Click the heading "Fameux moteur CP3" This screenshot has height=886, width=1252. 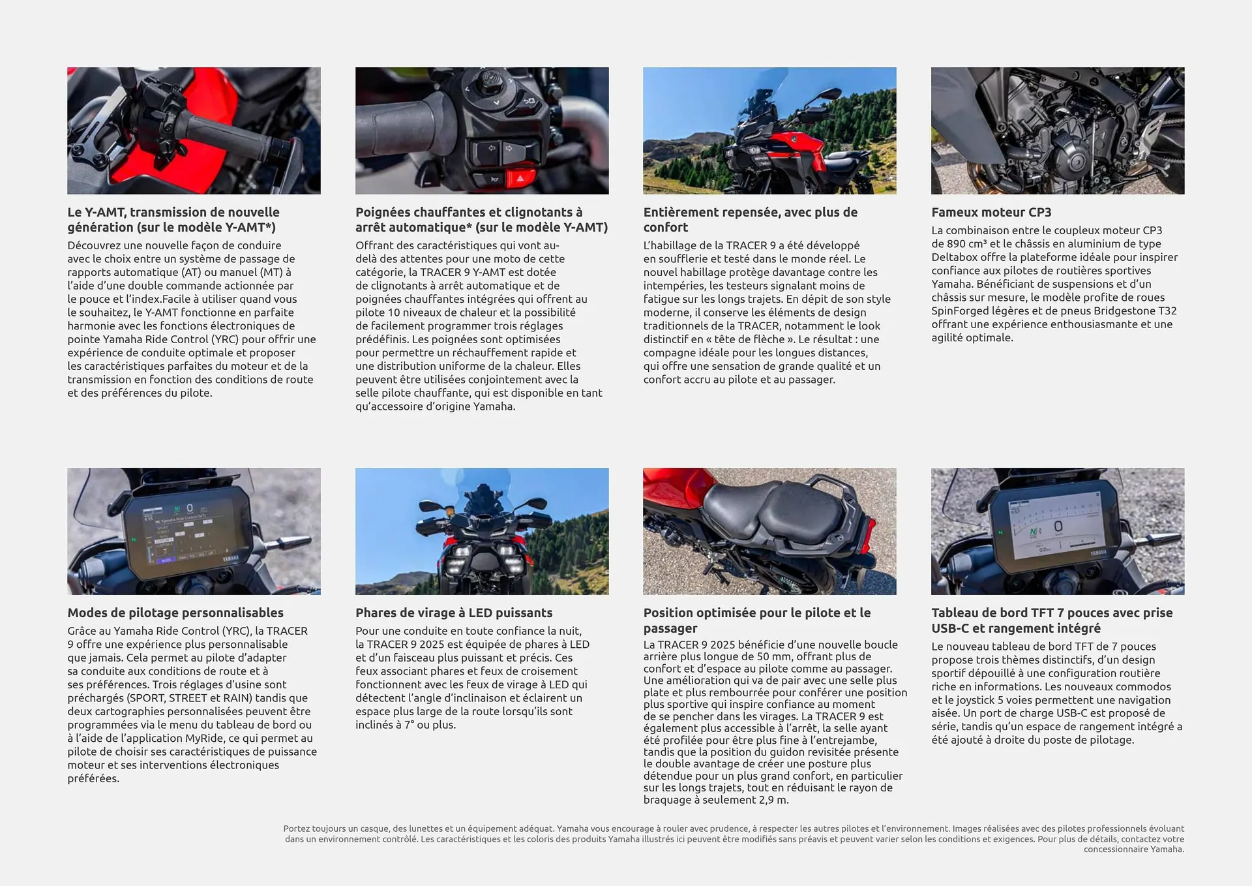pyautogui.click(x=991, y=212)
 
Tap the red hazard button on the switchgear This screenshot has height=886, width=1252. pyautogui.click(x=520, y=177)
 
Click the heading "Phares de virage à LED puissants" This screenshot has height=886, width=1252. pyautogui.click(x=454, y=613)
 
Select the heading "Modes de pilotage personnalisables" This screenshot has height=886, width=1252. pyautogui.click(x=175, y=613)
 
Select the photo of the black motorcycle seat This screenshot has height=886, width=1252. pyautogui.click(x=769, y=531)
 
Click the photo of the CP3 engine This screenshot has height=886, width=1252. pyautogui.click(x=1057, y=130)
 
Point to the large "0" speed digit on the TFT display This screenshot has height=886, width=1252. pyautogui.click(x=1058, y=527)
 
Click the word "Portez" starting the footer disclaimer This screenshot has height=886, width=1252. pyautogui.click(x=297, y=829)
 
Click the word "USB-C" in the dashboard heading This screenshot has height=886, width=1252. pyautogui.click(x=951, y=628)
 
